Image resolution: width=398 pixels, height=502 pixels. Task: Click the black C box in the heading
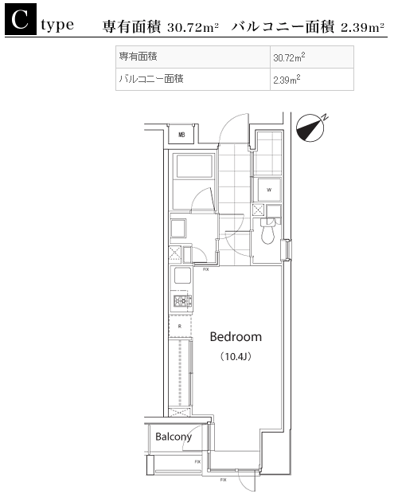(x=21, y=19)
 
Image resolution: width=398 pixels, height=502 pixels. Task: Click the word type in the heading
(x=57, y=25)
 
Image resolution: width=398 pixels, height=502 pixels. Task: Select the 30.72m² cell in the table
(x=312, y=57)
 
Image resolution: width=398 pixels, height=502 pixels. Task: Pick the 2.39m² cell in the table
(x=312, y=79)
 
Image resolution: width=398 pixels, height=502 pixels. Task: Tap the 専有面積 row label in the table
(x=139, y=57)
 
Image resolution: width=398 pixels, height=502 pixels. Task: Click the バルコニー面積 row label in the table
(x=151, y=78)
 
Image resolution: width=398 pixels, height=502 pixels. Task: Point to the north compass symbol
(x=311, y=127)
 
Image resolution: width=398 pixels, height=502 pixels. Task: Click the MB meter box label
(x=181, y=135)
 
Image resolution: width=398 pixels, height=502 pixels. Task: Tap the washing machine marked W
(x=269, y=190)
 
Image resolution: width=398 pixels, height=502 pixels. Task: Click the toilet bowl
(x=268, y=233)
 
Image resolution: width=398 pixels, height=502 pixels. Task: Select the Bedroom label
(x=236, y=337)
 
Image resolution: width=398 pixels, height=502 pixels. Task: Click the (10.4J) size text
(x=236, y=356)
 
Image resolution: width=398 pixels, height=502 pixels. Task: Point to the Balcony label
(x=174, y=437)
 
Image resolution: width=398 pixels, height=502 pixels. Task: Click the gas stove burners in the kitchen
(x=182, y=300)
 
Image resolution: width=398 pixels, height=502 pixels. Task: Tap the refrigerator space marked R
(x=180, y=326)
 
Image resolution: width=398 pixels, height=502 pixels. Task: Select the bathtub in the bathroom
(x=194, y=166)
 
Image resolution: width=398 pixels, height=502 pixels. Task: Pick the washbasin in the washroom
(x=178, y=228)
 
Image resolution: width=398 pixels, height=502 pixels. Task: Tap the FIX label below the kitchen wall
(x=205, y=269)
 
